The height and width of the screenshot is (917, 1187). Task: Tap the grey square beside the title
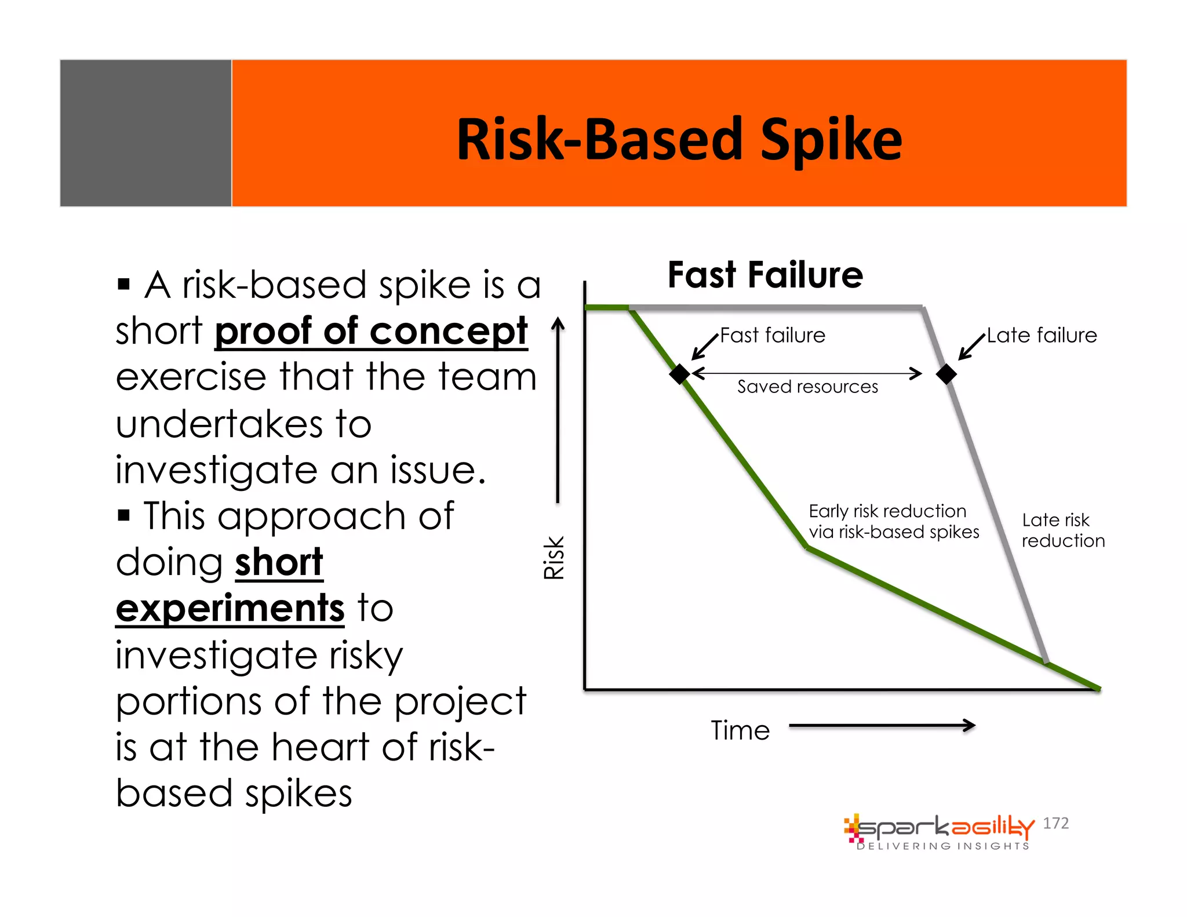click(x=145, y=133)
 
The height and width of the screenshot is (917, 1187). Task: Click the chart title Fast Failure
click(x=764, y=275)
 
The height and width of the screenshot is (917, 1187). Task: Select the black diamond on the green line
click(x=679, y=374)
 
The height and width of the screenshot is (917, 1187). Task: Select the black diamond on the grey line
click(x=946, y=374)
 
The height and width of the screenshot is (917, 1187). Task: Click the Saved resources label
click(x=807, y=387)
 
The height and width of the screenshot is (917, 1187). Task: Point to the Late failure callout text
click(x=1042, y=336)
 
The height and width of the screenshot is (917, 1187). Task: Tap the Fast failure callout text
click(x=772, y=336)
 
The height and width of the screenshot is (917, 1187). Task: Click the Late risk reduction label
click(x=1062, y=530)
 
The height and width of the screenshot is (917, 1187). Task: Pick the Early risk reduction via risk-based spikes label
click(x=893, y=522)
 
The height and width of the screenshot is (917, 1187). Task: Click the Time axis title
click(x=740, y=730)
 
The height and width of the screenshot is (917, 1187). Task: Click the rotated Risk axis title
click(x=554, y=558)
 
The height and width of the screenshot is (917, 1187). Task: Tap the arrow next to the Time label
click(x=882, y=725)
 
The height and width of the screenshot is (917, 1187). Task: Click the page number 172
click(x=1055, y=823)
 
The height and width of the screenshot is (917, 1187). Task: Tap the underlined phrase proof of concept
click(x=371, y=332)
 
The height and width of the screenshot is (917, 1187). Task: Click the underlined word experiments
click(x=230, y=609)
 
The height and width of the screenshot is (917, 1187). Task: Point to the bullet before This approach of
click(x=123, y=515)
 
